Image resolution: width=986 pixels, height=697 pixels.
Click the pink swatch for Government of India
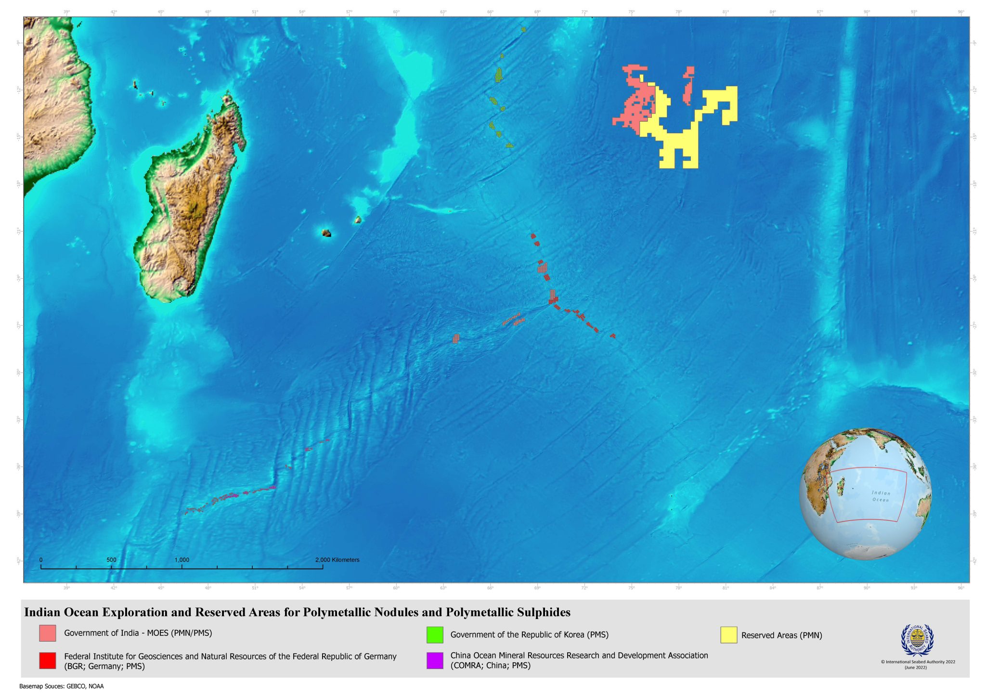click(48, 633)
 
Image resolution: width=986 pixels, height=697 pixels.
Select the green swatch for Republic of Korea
click(435, 635)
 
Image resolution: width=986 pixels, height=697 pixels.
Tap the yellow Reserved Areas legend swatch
click(729, 635)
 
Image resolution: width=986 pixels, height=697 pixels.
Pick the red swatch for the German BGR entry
click(48, 660)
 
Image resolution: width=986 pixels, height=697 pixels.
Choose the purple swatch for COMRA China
click(435, 660)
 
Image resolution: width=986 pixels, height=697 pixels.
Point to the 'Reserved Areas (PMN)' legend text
click(781, 635)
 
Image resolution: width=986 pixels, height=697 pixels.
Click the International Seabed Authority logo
click(917, 640)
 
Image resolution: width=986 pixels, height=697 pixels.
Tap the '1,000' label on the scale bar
click(182, 560)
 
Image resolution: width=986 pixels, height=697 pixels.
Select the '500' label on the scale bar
click(111, 560)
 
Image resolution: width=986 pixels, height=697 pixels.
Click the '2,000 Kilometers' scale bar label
click(337, 560)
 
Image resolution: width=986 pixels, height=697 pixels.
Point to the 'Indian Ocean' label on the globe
click(881, 496)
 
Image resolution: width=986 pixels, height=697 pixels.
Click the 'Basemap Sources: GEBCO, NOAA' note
click(61, 686)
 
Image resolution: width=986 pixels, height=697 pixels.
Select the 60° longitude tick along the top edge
click(396, 12)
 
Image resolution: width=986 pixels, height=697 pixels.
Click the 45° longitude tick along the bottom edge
click(161, 588)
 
